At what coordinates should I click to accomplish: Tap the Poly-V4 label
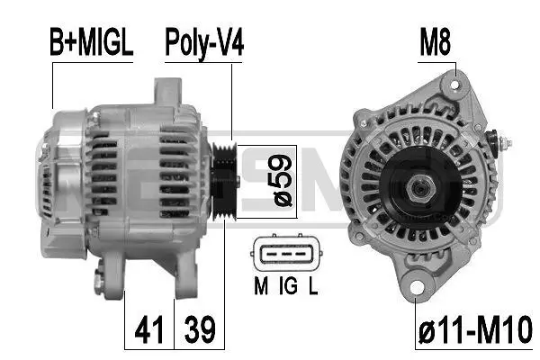[204, 43]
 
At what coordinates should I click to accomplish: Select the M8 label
[435, 43]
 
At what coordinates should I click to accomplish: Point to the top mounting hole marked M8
[455, 85]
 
